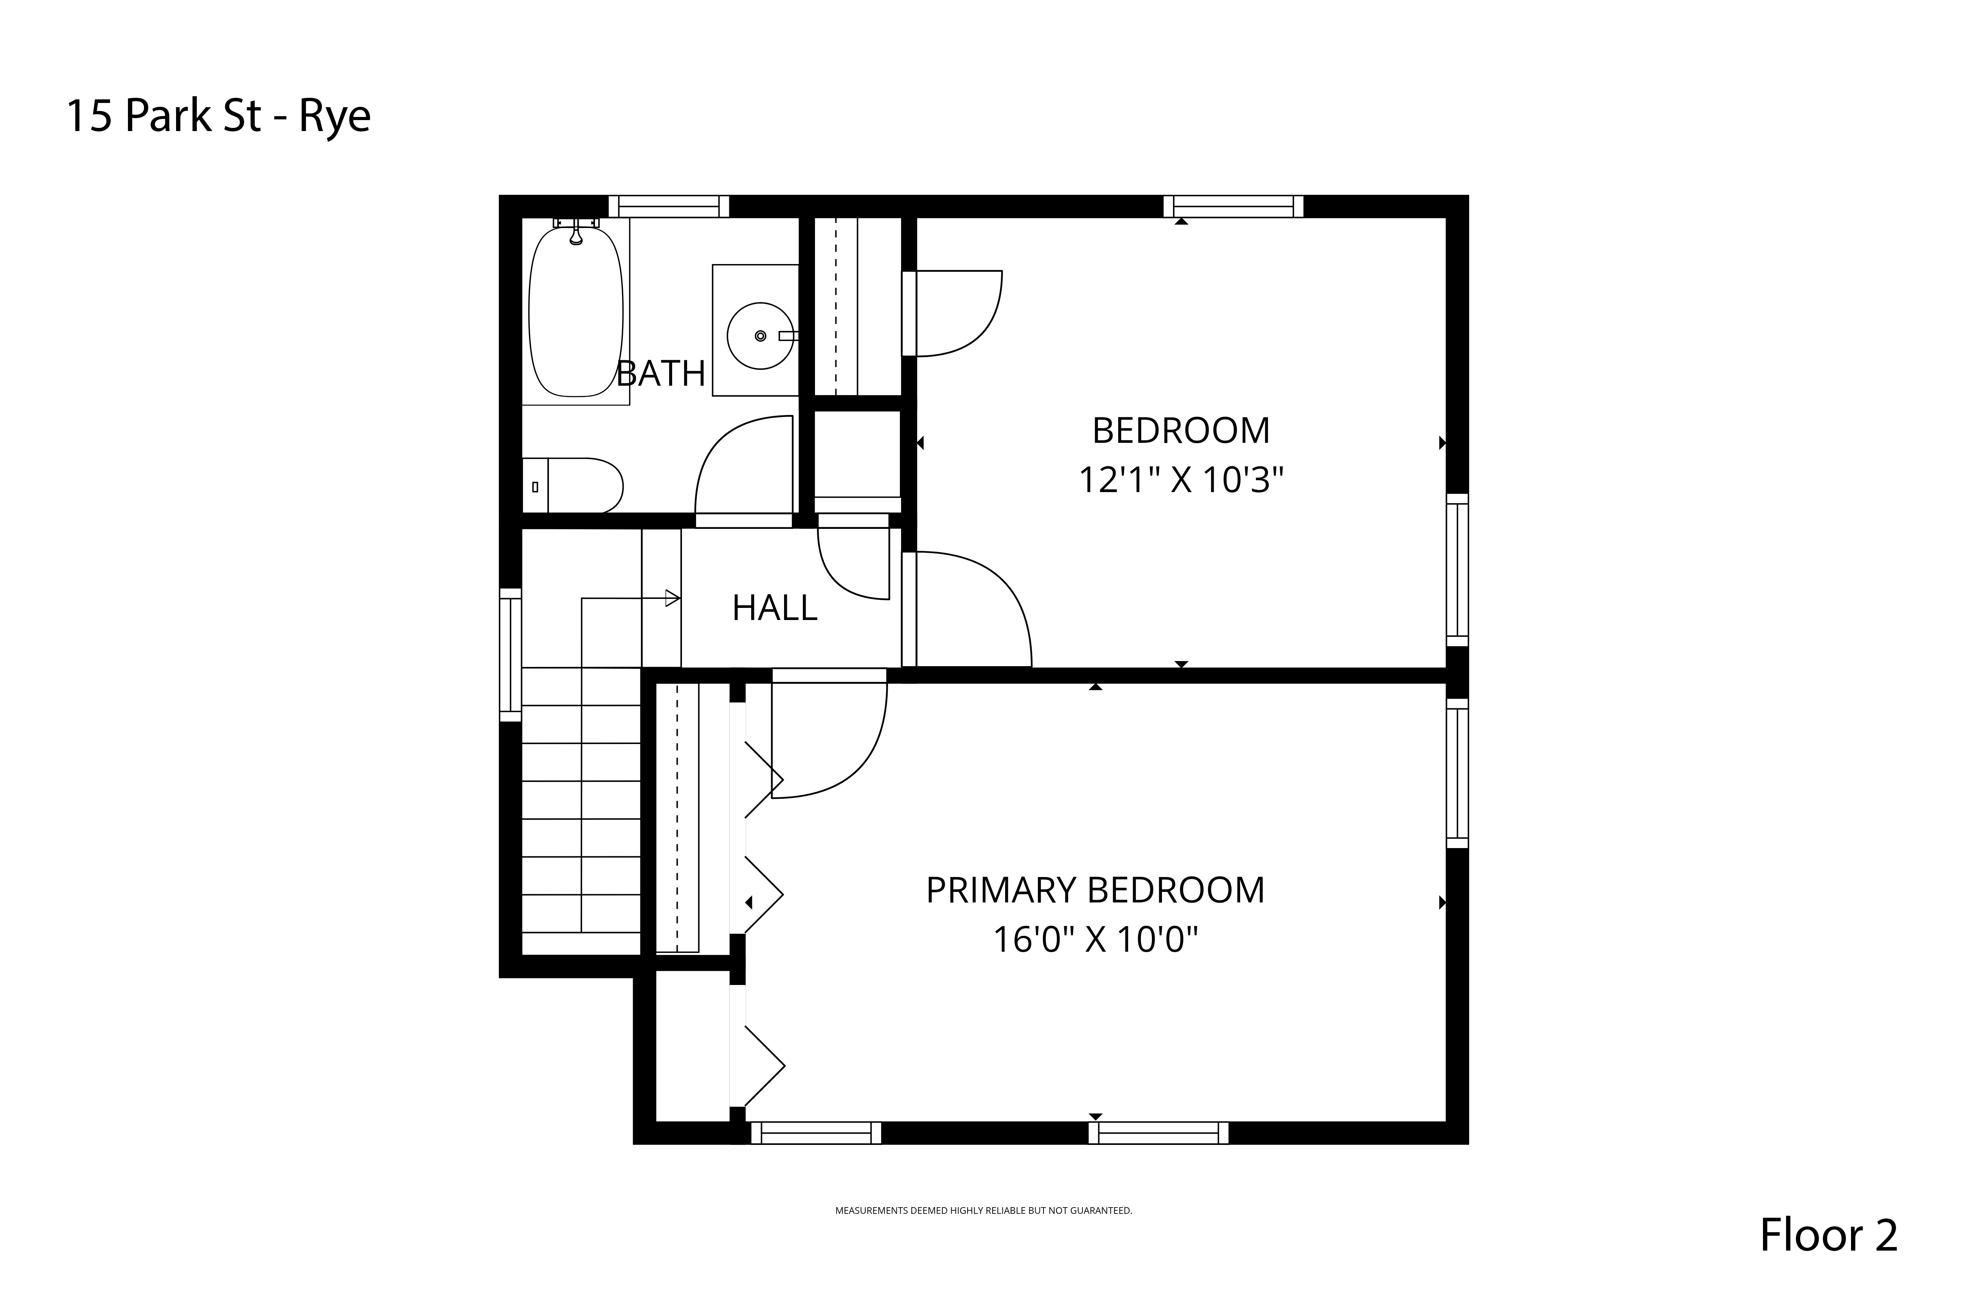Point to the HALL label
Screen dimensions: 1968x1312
775,608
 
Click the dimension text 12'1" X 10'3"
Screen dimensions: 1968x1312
1181,480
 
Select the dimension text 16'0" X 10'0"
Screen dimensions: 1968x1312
1095,940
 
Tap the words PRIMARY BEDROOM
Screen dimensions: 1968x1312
1095,890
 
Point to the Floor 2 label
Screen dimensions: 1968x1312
1829,1234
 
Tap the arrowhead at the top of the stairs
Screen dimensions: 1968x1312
672,598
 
